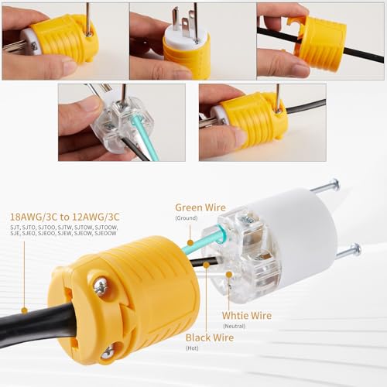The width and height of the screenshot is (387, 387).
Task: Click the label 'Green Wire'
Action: click(200, 207)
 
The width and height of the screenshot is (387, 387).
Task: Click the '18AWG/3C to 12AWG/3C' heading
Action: click(62, 217)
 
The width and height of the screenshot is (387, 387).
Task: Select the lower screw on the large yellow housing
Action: click(107, 353)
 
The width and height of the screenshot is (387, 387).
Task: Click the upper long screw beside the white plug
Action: click(324, 187)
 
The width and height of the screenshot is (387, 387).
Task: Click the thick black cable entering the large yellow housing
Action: click(31, 325)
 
